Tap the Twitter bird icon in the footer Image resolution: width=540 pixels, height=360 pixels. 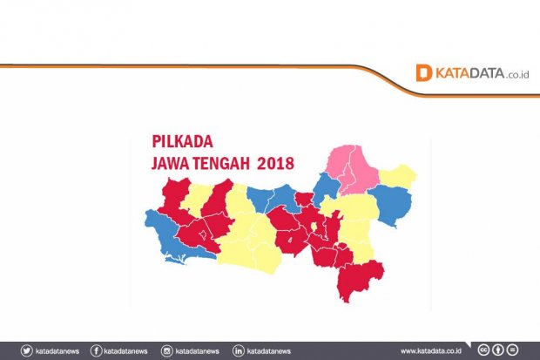tap(27, 350)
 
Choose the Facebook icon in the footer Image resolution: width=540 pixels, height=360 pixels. tap(96, 350)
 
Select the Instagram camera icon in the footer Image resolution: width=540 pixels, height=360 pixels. tap(167, 350)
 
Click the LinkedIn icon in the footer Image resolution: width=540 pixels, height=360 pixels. tap(239, 350)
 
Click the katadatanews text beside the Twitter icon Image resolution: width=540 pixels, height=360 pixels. tap(59, 350)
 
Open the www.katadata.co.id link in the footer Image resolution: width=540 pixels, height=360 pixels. tap(431, 350)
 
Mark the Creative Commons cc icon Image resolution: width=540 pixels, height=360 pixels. tap(484, 350)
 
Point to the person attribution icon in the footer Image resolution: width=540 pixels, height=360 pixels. tap(498, 350)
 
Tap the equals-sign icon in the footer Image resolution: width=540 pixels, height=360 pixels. tap(512, 350)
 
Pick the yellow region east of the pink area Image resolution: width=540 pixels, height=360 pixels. tap(398, 176)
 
